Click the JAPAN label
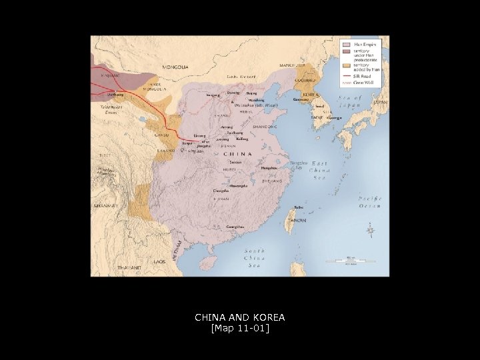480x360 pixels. (379, 103)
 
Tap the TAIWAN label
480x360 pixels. (297, 220)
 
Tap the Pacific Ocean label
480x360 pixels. (369, 202)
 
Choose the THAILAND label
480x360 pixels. (129, 267)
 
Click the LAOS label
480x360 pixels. (159, 262)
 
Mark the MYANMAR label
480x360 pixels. (105, 206)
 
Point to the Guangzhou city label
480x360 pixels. (235, 227)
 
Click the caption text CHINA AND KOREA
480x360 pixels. (239, 318)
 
